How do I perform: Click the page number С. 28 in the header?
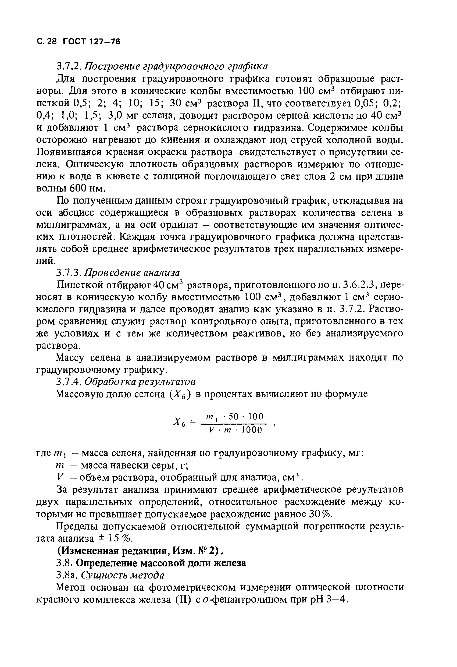click(47, 42)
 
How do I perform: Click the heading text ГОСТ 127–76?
click(91, 42)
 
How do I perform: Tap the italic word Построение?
click(109, 66)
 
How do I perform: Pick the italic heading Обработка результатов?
click(140, 381)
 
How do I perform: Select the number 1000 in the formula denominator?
click(252, 430)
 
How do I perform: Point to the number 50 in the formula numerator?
click(234, 416)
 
